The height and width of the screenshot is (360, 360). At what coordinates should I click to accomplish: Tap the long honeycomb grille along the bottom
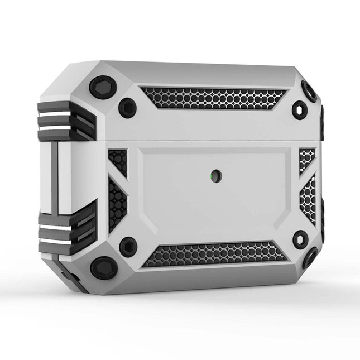click(213, 254)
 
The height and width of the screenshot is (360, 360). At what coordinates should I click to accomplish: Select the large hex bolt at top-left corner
click(103, 87)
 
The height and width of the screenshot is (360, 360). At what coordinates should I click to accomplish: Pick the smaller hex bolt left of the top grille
click(128, 107)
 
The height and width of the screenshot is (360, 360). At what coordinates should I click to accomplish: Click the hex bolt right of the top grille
click(300, 109)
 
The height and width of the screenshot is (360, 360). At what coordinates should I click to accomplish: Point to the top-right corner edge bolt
click(309, 90)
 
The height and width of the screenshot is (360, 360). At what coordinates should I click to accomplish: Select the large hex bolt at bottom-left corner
click(103, 267)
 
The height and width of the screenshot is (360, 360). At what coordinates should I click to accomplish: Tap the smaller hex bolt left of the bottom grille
click(128, 246)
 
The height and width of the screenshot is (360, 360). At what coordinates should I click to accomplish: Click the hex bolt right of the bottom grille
click(300, 239)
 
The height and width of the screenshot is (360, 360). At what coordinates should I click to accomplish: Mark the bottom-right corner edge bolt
click(310, 257)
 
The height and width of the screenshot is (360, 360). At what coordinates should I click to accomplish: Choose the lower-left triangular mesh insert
click(116, 204)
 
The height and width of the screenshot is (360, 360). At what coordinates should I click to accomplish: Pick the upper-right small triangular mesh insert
click(306, 159)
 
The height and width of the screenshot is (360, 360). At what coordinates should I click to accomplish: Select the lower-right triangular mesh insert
click(309, 198)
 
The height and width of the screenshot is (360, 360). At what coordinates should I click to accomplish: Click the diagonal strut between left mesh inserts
click(118, 180)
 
